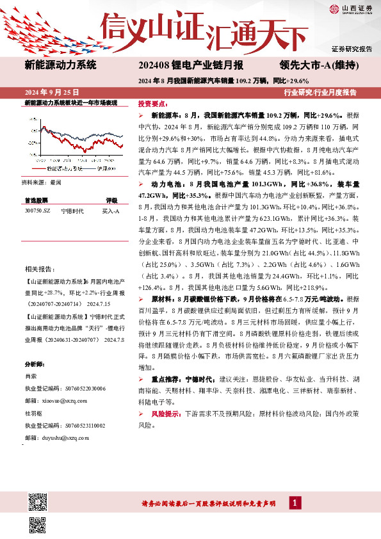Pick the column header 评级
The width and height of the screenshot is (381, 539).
(x=111, y=200)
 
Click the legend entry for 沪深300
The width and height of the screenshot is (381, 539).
(x=106, y=168)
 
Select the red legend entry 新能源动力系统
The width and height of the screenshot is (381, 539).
(x=64, y=168)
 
